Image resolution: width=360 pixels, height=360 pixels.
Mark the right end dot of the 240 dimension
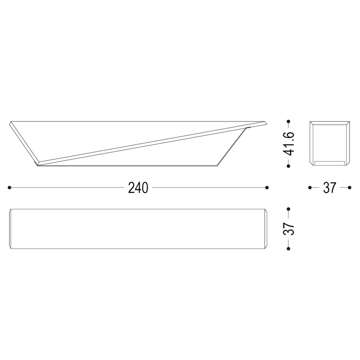click(x=267, y=187)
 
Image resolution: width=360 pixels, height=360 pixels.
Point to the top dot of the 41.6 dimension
click(x=288, y=121)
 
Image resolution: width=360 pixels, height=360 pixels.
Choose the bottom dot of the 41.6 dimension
click(x=288, y=165)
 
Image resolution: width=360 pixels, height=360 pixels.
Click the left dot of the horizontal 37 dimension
click(x=310, y=187)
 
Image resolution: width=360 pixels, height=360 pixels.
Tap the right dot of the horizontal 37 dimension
click(x=349, y=187)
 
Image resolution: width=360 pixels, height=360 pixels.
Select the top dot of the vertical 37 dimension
click(x=288, y=209)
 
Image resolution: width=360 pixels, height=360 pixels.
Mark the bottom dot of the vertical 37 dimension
click(x=288, y=248)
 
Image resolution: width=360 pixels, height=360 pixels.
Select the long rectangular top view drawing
click(x=138, y=229)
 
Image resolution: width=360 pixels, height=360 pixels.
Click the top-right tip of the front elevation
click(x=266, y=121)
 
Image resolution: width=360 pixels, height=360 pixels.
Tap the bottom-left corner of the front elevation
click(x=36, y=164)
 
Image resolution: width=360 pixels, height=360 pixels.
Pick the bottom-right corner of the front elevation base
click(x=218, y=164)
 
